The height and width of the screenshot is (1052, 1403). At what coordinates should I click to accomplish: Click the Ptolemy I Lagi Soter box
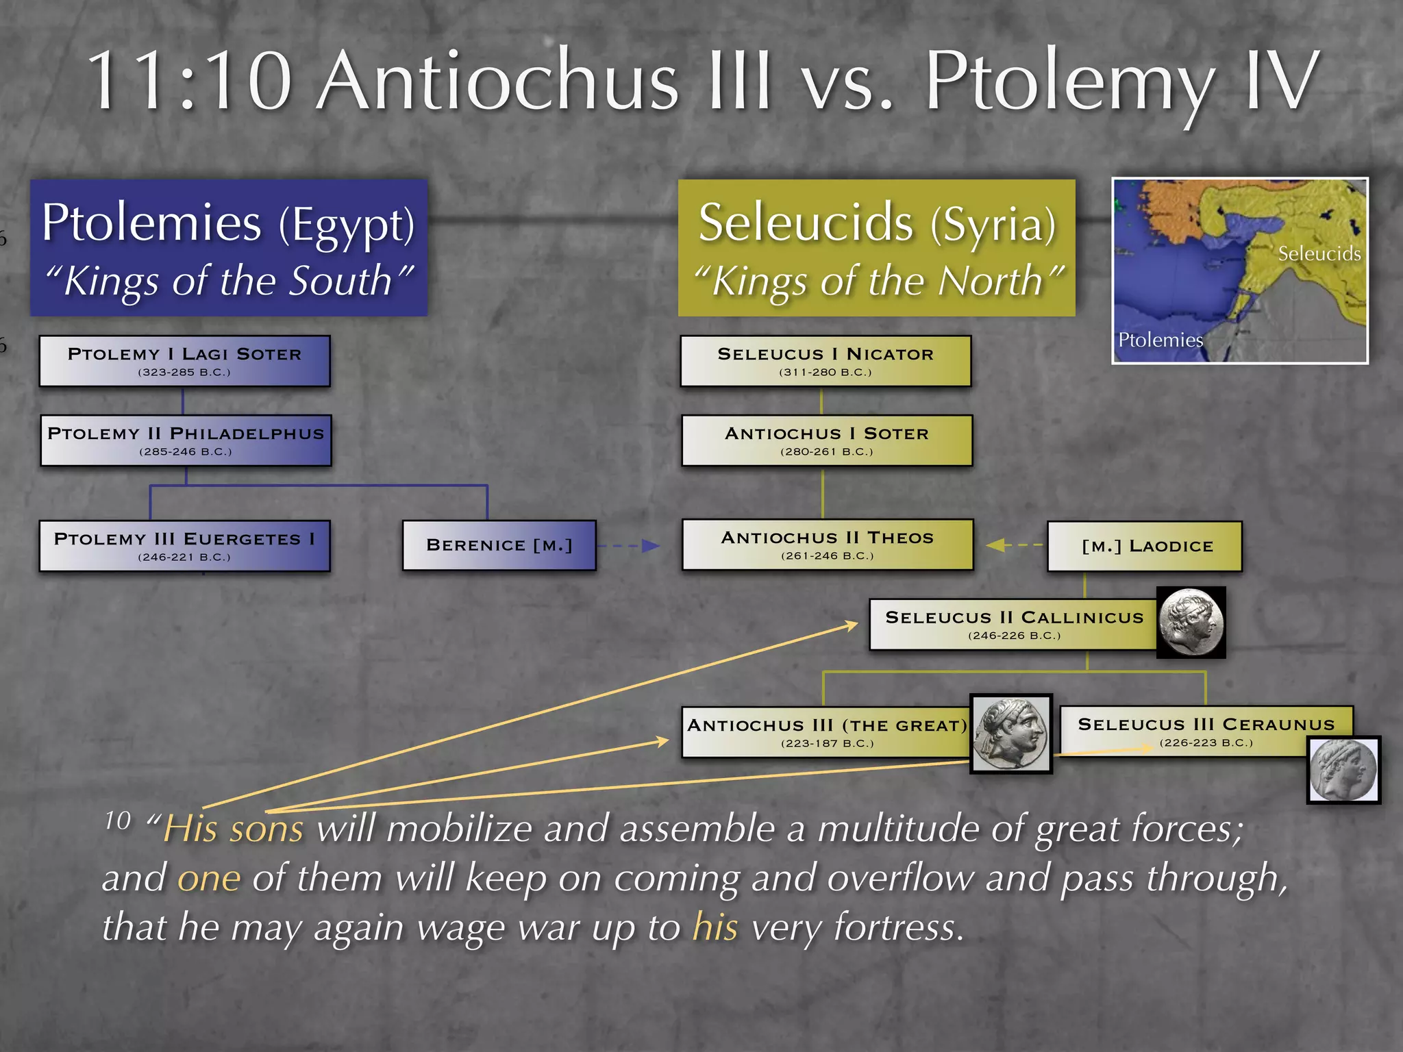184,361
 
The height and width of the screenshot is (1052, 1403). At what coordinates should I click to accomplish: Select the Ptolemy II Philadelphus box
186,440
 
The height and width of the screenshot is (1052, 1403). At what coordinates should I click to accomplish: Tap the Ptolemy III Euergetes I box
184,546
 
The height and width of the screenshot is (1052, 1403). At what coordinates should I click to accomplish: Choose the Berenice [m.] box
499,545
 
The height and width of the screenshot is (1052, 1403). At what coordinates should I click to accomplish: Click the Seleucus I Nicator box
825,361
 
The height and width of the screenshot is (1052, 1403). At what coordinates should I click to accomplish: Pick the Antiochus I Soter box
827,440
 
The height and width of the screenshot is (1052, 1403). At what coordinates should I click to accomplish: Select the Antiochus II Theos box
827,544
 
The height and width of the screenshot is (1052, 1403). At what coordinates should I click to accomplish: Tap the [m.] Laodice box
1145,546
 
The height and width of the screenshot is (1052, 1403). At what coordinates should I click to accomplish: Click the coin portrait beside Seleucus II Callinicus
1191,622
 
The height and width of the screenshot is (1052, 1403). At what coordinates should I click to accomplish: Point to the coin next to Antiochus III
1011,734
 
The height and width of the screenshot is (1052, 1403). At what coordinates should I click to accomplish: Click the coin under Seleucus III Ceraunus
1343,770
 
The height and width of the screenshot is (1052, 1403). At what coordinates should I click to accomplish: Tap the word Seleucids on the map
1319,254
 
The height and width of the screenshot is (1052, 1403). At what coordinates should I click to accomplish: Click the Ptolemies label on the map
1160,340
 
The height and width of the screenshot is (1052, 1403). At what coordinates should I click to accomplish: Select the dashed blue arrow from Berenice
628,546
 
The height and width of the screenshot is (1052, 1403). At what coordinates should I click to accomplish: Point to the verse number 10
117,821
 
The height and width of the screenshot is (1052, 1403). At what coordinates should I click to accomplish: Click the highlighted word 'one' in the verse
209,878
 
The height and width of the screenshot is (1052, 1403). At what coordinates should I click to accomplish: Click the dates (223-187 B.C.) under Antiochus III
827,743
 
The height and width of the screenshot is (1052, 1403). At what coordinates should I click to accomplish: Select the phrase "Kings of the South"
229,281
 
